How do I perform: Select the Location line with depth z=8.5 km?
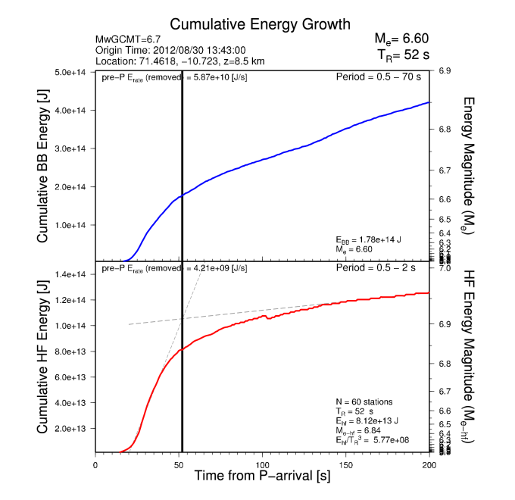point(179,61)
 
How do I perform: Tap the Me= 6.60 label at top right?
point(401,39)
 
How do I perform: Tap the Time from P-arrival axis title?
point(262,476)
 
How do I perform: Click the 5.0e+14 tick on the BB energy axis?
point(73,73)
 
